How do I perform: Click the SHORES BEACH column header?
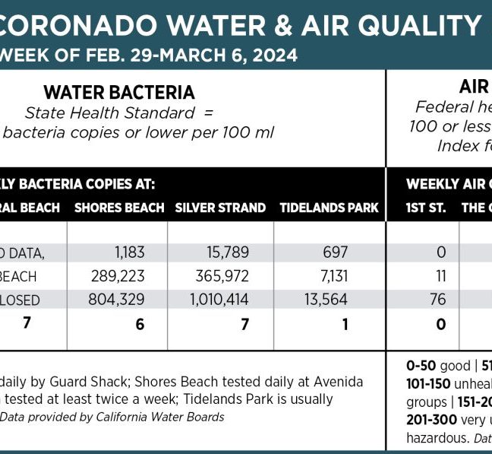tap(119, 208)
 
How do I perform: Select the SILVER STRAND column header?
tap(220, 208)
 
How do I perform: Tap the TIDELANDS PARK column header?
tap(329, 208)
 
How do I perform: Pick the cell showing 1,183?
tap(130, 252)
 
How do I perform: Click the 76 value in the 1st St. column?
tap(438, 300)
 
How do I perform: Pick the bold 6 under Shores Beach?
tap(139, 324)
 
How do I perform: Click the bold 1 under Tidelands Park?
tap(344, 324)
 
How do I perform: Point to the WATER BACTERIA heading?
tap(119, 93)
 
